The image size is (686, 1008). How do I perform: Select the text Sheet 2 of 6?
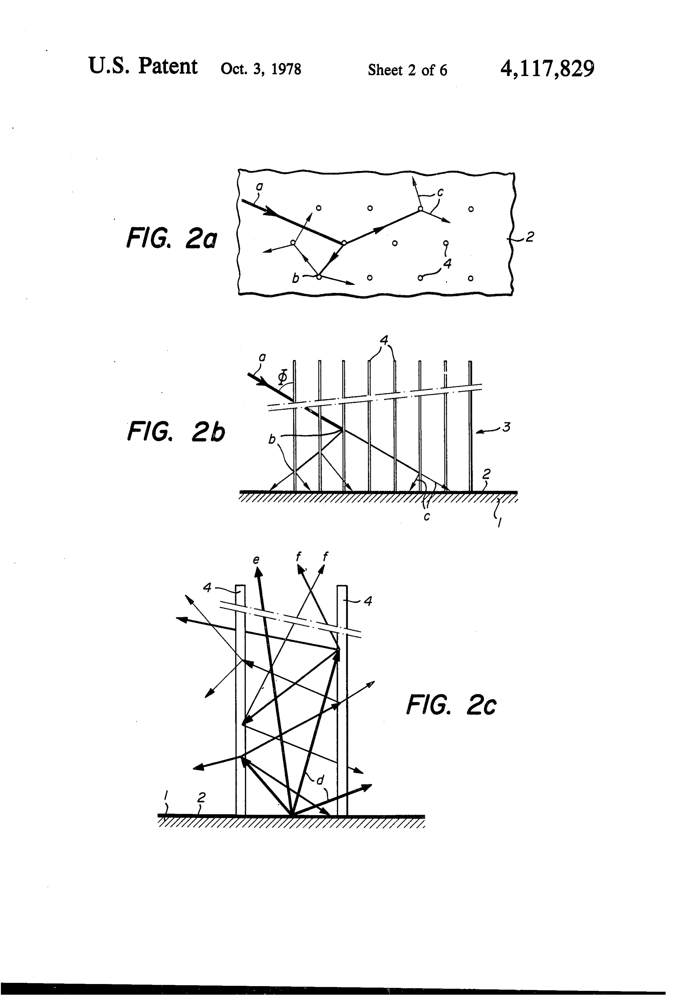[407, 70]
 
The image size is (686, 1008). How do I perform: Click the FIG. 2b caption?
[176, 432]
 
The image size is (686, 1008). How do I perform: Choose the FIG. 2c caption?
[451, 704]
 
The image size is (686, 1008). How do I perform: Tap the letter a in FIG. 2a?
[260, 187]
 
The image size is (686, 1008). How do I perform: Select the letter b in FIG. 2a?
[296, 278]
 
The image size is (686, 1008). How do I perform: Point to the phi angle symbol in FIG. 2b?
[283, 377]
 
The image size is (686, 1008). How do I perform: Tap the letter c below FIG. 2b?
[427, 517]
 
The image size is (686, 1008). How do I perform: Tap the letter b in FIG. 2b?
[272, 440]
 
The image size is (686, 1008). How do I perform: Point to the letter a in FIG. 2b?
[262, 357]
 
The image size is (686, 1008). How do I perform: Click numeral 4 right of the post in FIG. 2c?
[368, 601]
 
